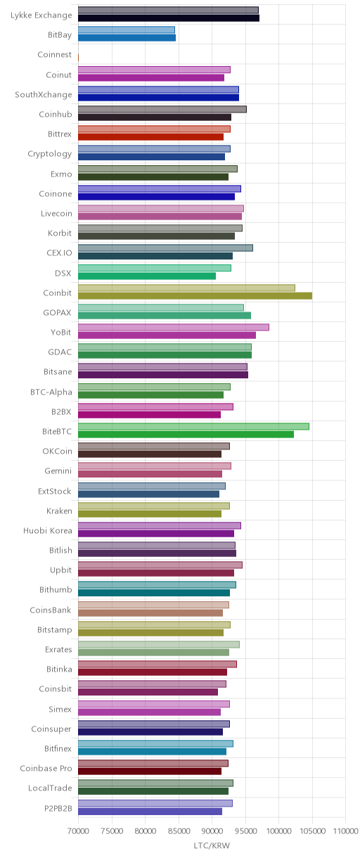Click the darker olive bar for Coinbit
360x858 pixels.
pyautogui.click(x=195, y=295)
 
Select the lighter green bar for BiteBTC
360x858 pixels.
pyautogui.click(x=193, y=426)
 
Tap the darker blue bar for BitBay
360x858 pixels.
pyautogui.click(x=127, y=37)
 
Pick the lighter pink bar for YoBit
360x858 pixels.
pyautogui.click(x=174, y=327)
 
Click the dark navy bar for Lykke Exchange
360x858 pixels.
pyautogui.click(x=169, y=18)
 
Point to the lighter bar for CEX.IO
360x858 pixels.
pyautogui.click(x=165, y=248)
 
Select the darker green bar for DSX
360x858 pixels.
pyautogui.click(x=147, y=276)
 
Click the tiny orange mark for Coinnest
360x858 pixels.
pyautogui.click(x=78, y=58)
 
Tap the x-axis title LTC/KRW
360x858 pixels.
pyautogui.click(x=212, y=845)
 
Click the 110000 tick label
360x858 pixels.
pyautogui.click(x=345, y=831)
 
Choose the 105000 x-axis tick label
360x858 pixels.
pyautogui.click(x=312, y=831)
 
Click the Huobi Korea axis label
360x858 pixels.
pyautogui.click(x=48, y=530)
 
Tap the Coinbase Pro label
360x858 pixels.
pyautogui.click(x=46, y=768)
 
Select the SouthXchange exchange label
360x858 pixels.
pyautogui.click(x=44, y=95)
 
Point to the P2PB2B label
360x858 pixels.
pyautogui.click(x=58, y=808)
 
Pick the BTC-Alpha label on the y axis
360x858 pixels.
pyautogui.click(x=51, y=392)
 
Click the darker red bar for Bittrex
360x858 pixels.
pyautogui.click(x=151, y=136)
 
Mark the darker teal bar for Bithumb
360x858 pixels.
pyautogui.click(x=154, y=593)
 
